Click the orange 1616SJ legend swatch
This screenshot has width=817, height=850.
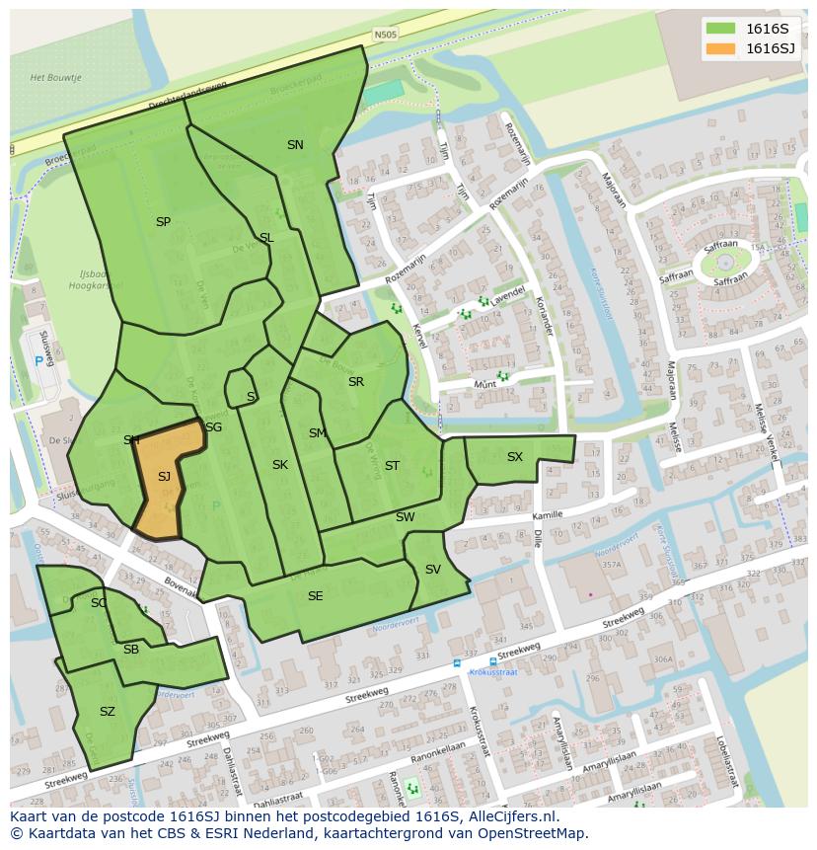tap(721, 49)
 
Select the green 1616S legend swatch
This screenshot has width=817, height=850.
tap(721, 28)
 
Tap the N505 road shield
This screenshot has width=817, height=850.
tap(385, 36)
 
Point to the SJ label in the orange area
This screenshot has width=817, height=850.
tap(164, 477)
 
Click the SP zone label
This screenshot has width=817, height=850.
tap(163, 222)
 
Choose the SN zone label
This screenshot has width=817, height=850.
tap(295, 145)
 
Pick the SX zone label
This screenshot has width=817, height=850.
tap(514, 457)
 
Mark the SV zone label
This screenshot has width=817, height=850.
tap(432, 570)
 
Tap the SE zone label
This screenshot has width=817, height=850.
tap(315, 596)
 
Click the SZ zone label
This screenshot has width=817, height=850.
tap(108, 712)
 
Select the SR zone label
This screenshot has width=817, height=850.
tap(355, 382)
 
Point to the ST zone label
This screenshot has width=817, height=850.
tap(392, 466)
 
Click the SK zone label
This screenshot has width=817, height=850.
tap(280, 465)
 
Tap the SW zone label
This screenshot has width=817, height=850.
tap(405, 517)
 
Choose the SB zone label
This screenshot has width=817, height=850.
tap(131, 650)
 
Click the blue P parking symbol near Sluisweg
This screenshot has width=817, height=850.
tap(39, 361)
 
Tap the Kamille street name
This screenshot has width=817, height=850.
tap(547, 515)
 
